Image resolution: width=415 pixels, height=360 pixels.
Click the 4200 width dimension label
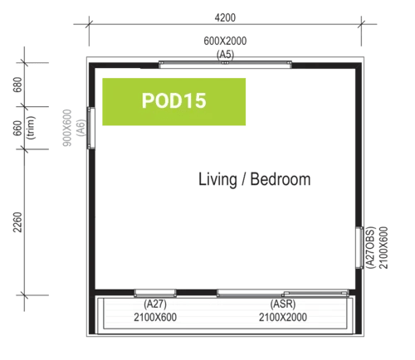click(225, 17)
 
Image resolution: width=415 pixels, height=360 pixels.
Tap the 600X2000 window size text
click(225, 41)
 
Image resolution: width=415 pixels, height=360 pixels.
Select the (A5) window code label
click(225, 54)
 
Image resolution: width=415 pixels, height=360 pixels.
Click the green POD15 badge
click(174, 102)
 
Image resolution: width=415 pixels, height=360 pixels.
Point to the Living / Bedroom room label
click(255, 179)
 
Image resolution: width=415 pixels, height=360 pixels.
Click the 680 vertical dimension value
click(17, 85)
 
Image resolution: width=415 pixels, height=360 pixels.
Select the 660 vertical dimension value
click(17, 128)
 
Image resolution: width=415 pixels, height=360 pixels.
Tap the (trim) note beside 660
click(31, 128)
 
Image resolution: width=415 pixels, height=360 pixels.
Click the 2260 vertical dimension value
click(17, 222)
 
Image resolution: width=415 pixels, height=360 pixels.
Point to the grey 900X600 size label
click(67, 128)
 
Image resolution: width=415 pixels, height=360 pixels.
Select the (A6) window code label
click(81, 128)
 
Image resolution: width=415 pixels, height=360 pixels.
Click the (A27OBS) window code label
click(370, 248)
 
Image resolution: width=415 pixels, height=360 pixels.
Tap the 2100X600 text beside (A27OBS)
click(383, 248)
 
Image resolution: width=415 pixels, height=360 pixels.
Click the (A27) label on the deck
click(155, 304)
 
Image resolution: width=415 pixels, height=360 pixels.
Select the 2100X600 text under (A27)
click(155, 317)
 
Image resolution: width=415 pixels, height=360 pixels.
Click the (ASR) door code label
click(283, 304)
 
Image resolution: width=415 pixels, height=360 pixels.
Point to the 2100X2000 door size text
click(283, 317)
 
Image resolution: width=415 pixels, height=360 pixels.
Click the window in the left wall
click(91, 128)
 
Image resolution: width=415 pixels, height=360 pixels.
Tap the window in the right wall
click(359, 248)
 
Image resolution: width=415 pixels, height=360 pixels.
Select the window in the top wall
click(225, 65)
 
